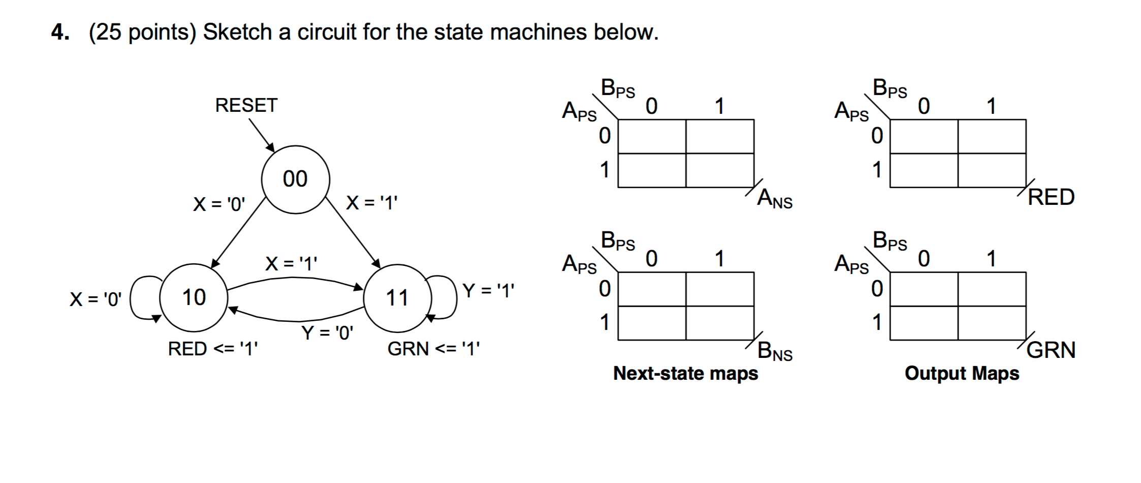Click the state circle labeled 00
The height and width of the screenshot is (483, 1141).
coord(295,179)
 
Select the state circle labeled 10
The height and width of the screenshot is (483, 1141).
coord(194,297)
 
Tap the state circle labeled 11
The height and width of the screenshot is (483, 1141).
coord(397,297)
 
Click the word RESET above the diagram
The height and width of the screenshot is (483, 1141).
coord(246,105)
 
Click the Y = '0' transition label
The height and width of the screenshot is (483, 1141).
coord(327,333)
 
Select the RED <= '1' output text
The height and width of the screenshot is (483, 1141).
coord(213,349)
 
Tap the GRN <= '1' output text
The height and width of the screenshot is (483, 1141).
coord(433,349)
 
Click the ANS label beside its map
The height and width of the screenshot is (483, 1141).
coord(774,199)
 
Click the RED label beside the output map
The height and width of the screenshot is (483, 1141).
coord(1051,197)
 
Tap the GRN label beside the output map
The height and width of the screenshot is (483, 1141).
coord(1051,350)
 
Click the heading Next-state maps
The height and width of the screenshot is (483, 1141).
coord(685,373)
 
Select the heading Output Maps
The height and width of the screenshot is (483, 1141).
coord(962,373)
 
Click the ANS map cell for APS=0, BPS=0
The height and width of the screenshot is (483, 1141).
coord(652,136)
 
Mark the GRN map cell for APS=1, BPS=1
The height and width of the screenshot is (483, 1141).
coord(992,323)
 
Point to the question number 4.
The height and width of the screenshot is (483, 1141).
coord(60,33)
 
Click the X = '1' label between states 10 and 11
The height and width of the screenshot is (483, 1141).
coord(291,263)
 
